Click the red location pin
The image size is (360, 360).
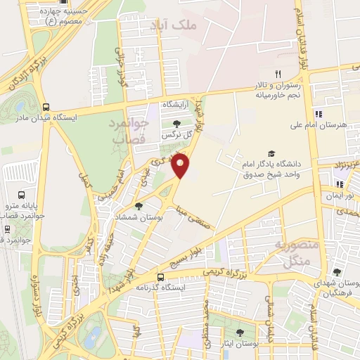click(x=181, y=166)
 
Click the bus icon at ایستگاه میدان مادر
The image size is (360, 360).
click(x=46, y=108)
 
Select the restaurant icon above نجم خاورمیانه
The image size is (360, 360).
click(x=278, y=75)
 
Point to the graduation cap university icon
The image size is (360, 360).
click(x=271, y=154)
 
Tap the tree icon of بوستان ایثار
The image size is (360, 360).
click(x=240, y=332)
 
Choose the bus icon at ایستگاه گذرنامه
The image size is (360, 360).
click(x=160, y=277)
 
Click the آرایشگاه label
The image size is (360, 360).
click(x=178, y=104)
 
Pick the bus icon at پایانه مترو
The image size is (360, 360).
click(x=21, y=195)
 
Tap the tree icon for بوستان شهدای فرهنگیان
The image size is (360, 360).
click(x=337, y=272)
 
